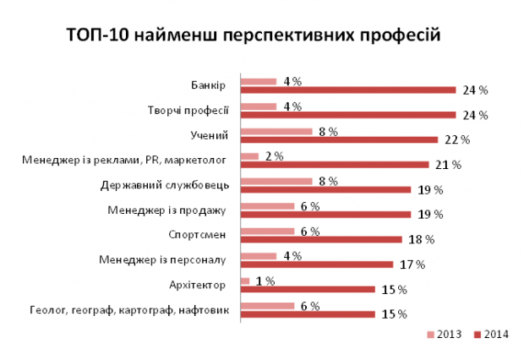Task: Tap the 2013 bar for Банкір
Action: pyautogui.click(x=259, y=81)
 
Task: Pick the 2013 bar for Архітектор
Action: pyautogui.click(x=245, y=281)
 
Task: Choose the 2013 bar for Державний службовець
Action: pyautogui.click(x=276, y=181)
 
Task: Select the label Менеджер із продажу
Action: pyautogui.click(x=167, y=210)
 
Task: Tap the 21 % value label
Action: pyautogui.click(x=448, y=164)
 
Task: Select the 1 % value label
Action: pyautogui.click(x=265, y=281)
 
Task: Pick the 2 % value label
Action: pyautogui.click(x=273, y=155)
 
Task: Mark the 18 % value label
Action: pyautogui.click(x=422, y=239)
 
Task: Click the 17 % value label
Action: pyautogui.click(x=412, y=264)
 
